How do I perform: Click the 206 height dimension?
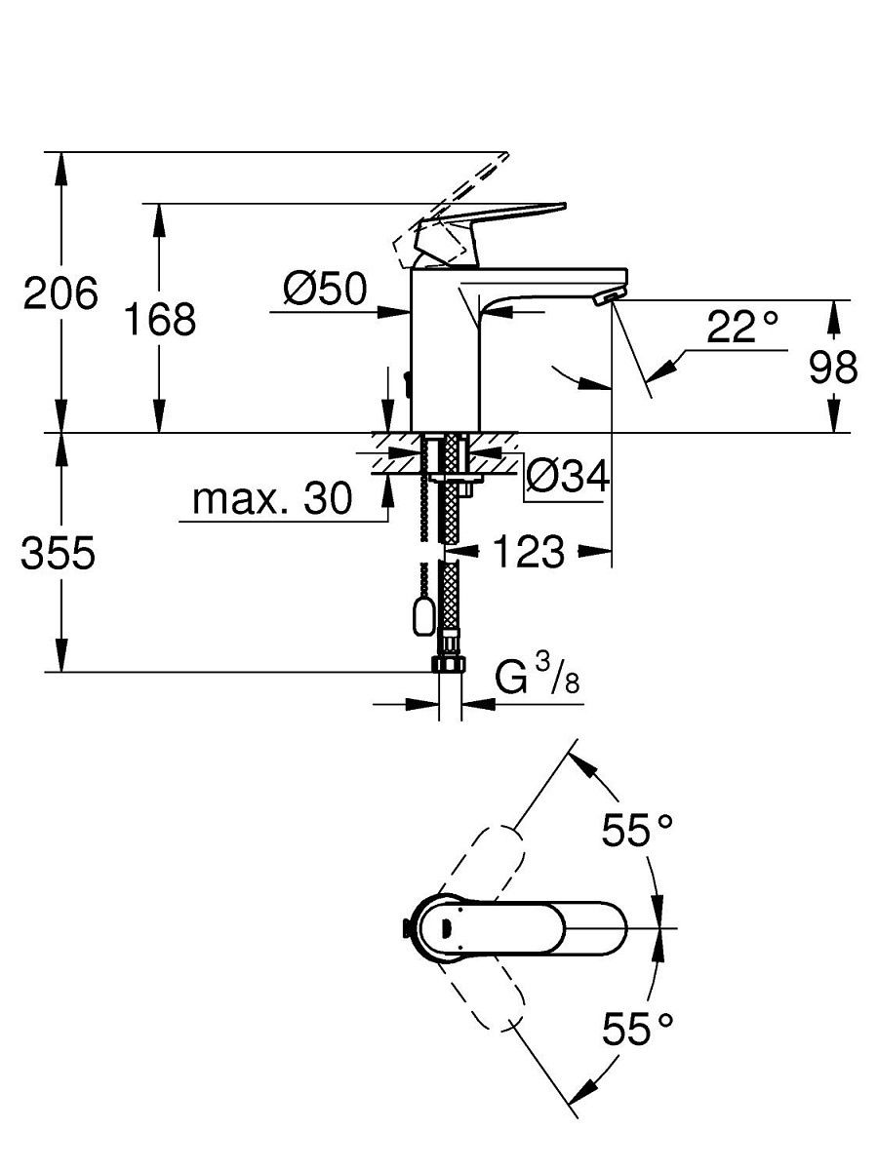pyautogui.click(x=60, y=292)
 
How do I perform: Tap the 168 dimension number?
pyautogui.click(x=160, y=319)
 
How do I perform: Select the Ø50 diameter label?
pyautogui.click(x=325, y=289)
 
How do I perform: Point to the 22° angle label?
pyautogui.click(x=742, y=327)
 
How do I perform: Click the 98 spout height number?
pyautogui.click(x=833, y=367)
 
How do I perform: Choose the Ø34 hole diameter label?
pyautogui.click(x=567, y=476)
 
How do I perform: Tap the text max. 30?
pyautogui.click(x=272, y=498)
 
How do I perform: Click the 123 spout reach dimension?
pyautogui.click(x=529, y=551)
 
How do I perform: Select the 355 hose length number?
pyautogui.click(x=59, y=552)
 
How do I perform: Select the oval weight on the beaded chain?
pyautogui.click(x=423, y=615)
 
